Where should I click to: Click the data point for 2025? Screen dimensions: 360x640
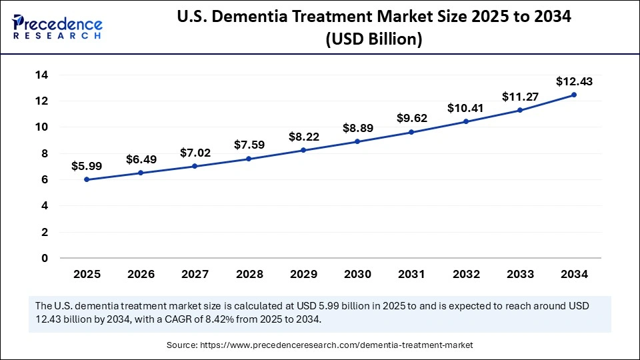(x=87, y=179)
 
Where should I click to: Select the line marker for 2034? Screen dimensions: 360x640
(x=574, y=95)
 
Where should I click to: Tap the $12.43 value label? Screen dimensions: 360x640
(x=574, y=82)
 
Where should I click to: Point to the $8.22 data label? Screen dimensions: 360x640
(x=303, y=137)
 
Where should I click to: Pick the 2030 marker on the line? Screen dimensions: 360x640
(x=357, y=141)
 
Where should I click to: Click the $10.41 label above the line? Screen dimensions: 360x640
(x=465, y=108)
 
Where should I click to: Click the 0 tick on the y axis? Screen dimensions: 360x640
(x=45, y=258)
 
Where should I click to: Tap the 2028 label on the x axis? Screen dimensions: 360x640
(x=249, y=274)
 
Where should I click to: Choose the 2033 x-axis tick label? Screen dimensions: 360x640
(x=520, y=274)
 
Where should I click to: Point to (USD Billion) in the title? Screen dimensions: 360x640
(x=373, y=39)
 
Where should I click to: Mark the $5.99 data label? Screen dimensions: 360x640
(x=87, y=166)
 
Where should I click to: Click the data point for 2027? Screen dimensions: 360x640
(x=195, y=166)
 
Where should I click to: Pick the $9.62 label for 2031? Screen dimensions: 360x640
(x=411, y=119)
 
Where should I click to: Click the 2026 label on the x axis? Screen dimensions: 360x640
(x=141, y=274)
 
